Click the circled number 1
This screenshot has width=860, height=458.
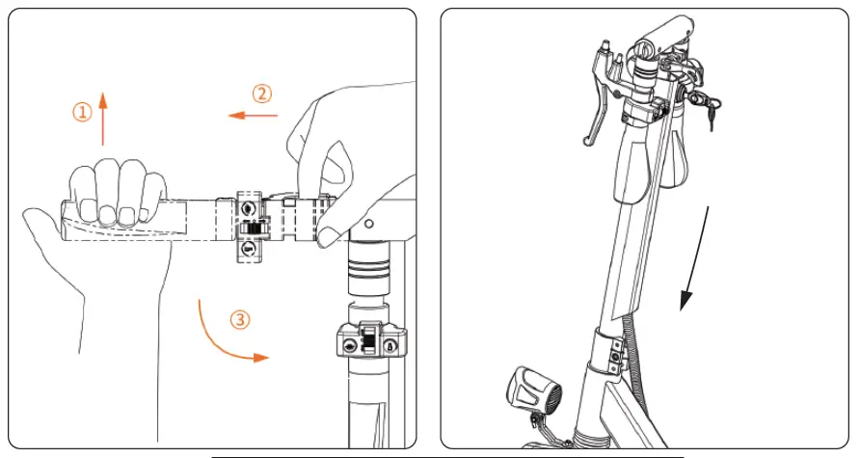tap(83, 113)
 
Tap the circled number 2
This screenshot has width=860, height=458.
tap(262, 94)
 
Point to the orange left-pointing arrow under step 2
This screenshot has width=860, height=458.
tap(253, 116)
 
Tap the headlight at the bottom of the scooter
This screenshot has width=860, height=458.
tap(527, 391)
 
